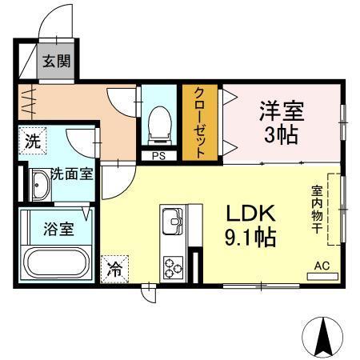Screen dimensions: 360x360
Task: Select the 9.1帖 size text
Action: pyautogui.click(x=250, y=238)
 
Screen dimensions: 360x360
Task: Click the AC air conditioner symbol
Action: pyautogui.click(x=322, y=270)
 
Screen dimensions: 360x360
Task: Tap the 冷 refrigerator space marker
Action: pyautogui.click(x=115, y=270)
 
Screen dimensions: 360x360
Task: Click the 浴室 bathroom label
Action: pyautogui.click(x=58, y=229)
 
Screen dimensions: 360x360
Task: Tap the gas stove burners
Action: pyautogui.click(x=173, y=265)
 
